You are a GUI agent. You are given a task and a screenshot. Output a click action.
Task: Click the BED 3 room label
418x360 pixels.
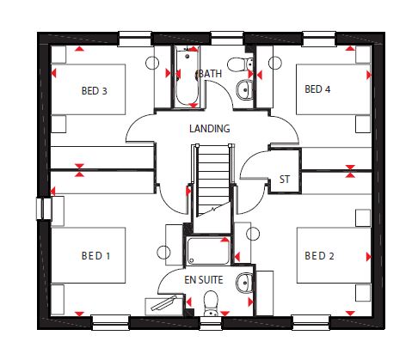pyautogui.click(x=94, y=91)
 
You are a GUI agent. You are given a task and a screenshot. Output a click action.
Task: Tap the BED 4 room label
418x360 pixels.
pyautogui.click(x=317, y=89)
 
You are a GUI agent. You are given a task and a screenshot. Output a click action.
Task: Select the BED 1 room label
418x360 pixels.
pyautogui.click(x=95, y=255)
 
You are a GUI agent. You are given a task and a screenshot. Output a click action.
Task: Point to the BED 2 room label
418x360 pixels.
pyautogui.click(x=319, y=255)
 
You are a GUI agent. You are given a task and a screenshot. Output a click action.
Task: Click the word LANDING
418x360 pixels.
pyautogui.click(x=210, y=128)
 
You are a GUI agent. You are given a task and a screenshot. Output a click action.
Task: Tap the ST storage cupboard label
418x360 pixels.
pyautogui.click(x=285, y=180)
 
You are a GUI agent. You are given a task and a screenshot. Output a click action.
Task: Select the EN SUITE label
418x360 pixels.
pyautogui.click(x=204, y=279)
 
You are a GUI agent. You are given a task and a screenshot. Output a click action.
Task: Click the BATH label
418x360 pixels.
pyautogui.click(x=210, y=74)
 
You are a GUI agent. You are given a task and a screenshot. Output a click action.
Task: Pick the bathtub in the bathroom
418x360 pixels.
pyautogui.click(x=187, y=77)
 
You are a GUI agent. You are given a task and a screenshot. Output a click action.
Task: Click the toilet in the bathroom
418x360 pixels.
pyautogui.click(x=240, y=64)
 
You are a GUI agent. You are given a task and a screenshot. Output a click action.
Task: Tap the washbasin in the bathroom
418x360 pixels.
pyautogui.click(x=245, y=89)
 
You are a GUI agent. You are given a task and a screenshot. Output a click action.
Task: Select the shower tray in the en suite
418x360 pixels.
pyautogui.click(x=208, y=251)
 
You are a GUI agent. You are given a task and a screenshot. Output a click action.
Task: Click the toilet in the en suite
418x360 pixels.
pyautogui.click(x=211, y=303)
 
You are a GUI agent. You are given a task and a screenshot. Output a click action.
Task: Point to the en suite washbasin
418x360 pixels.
pyautogui.click(x=244, y=283)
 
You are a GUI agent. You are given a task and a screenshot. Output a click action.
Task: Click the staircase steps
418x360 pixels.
pyautogui.click(x=213, y=180)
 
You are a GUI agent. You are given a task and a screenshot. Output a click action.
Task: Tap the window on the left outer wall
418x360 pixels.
pyautogui.click(x=43, y=208)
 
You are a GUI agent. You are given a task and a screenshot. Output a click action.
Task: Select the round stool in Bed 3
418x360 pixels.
pyautogui.click(x=152, y=63)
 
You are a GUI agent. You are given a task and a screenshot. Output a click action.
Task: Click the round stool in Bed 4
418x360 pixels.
pyautogui.click(x=275, y=63)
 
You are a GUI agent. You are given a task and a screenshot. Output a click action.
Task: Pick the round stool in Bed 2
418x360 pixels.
pyautogui.click(x=253, y=234)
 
